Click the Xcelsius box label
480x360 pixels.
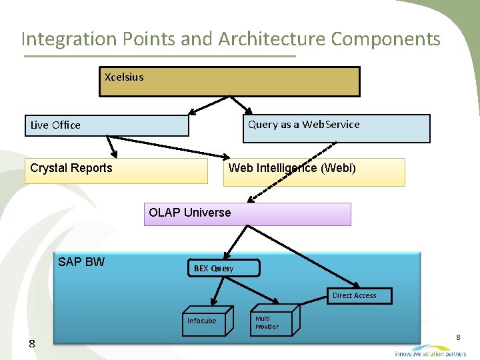coord(124,77)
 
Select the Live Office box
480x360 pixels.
coord(107,125)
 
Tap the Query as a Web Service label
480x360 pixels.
coord(303,125)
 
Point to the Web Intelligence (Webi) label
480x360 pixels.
coord(292,168)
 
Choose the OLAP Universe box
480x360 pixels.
coord(247,214)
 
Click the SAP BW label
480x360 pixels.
coord(81,262)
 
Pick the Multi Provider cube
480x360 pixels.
coord(270,322)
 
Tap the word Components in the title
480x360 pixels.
coord(386,39)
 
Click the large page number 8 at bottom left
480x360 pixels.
coord(31,343)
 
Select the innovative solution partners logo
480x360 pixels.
coord(429,351)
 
